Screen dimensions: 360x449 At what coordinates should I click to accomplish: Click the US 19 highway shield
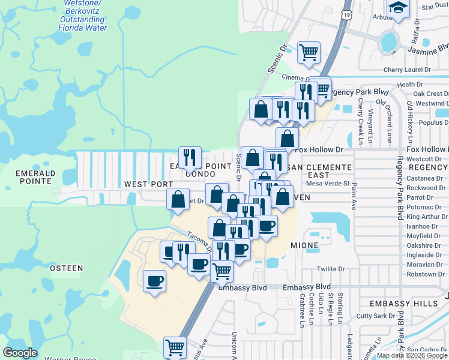click(347, 14)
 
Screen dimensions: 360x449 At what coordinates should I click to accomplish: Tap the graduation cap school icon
click(397, 8)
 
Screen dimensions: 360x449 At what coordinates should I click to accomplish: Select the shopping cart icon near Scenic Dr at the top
click(309, 52)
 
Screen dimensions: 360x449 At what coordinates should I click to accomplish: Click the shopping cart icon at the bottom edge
click(175, 347)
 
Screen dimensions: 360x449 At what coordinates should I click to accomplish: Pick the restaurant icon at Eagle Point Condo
click(190, 158)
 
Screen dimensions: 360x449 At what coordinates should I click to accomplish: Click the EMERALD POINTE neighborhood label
click(35, 178)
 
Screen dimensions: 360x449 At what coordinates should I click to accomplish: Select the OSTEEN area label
click(66, 268)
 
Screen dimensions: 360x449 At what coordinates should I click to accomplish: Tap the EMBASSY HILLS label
click(404, 304)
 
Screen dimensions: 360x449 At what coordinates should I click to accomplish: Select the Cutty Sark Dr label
click(375, 315)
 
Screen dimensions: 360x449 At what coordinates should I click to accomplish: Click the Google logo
click(20, 353)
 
